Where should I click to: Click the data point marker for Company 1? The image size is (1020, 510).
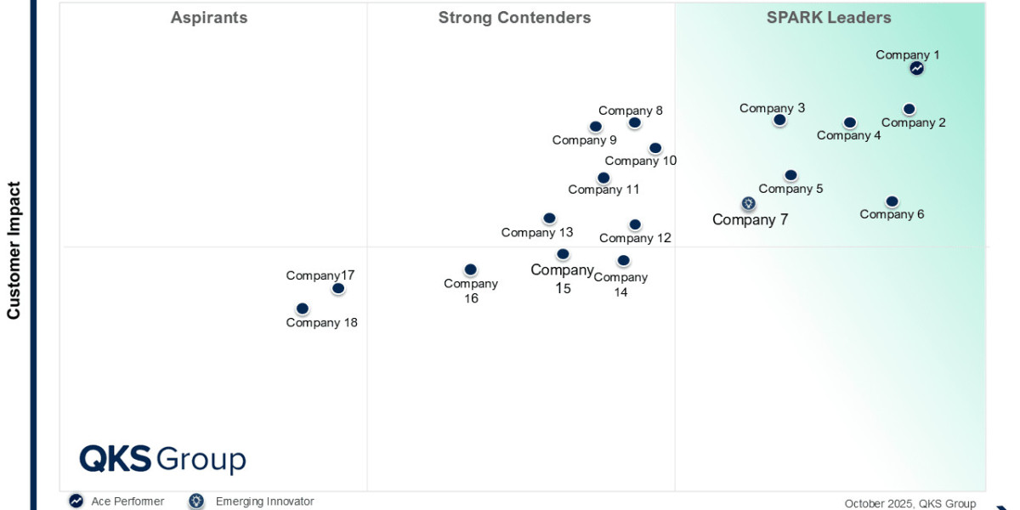916,68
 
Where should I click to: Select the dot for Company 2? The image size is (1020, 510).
909,109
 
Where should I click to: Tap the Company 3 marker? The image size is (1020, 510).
779,120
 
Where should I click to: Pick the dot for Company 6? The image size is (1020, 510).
892,201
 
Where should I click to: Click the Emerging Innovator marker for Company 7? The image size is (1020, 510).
748,203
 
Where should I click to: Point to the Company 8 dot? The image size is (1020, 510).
634,122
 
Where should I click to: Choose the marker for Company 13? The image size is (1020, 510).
549,218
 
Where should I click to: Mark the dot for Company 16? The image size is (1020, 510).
470,269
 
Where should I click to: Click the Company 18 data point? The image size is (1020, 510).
302,309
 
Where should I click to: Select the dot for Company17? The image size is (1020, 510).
338,288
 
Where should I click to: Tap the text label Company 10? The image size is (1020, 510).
640,161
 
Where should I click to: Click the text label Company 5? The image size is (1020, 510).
790,189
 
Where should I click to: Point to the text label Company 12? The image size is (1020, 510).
635,238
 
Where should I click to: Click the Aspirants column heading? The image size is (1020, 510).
209,18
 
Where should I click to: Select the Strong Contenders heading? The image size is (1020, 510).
514,18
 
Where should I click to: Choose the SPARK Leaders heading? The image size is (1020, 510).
829,18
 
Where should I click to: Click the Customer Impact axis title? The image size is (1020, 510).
14,250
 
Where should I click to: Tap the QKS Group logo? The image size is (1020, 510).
162,459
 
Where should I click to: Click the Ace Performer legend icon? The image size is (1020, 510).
76,501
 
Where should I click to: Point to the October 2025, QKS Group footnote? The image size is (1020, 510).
909,503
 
